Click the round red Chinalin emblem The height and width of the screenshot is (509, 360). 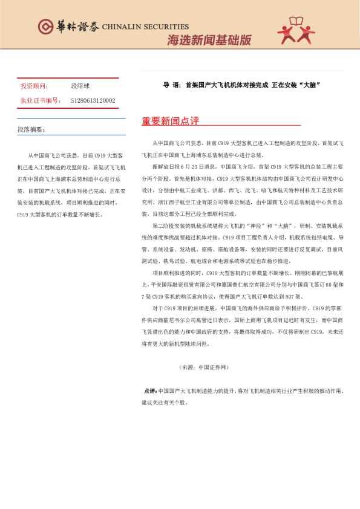[x=45, y=27]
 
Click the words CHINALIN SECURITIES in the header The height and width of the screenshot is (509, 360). [x=145, y=27]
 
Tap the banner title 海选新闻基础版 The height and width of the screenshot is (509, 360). [x=209, y=41]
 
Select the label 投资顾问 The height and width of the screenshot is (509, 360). [x=34, y=86]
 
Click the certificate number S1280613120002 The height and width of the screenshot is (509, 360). [x=93, y=100]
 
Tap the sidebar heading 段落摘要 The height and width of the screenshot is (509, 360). [x=31, y=129]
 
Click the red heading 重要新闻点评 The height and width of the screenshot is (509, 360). [x=171, y=121]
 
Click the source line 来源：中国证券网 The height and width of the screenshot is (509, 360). [x=204, y=368]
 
